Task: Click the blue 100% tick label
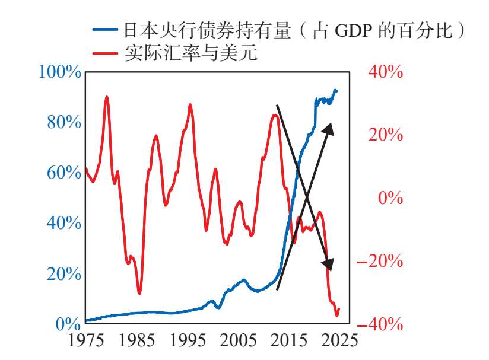point(59,72)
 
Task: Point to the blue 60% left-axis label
point(64,173)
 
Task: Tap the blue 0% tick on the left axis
point(68,324)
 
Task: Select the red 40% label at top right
point(386,72)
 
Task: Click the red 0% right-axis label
point(390,198)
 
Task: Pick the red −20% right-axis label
point(380,261)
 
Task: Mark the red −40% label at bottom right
point(380,324)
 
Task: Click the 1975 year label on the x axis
point(86,340)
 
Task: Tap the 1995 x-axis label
point(188,340)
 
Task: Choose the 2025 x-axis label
point(339,340)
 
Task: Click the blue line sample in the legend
point(105,29)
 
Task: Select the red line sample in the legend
point(105,53)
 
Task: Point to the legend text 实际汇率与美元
point(191,52)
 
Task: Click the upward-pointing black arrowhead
point(328,129)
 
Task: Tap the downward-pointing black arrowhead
point(328,265)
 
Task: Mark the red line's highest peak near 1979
point(107,97)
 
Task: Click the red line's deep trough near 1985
point(139,293)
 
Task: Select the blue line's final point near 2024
point(336,91)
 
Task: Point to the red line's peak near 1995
point(190,105)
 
